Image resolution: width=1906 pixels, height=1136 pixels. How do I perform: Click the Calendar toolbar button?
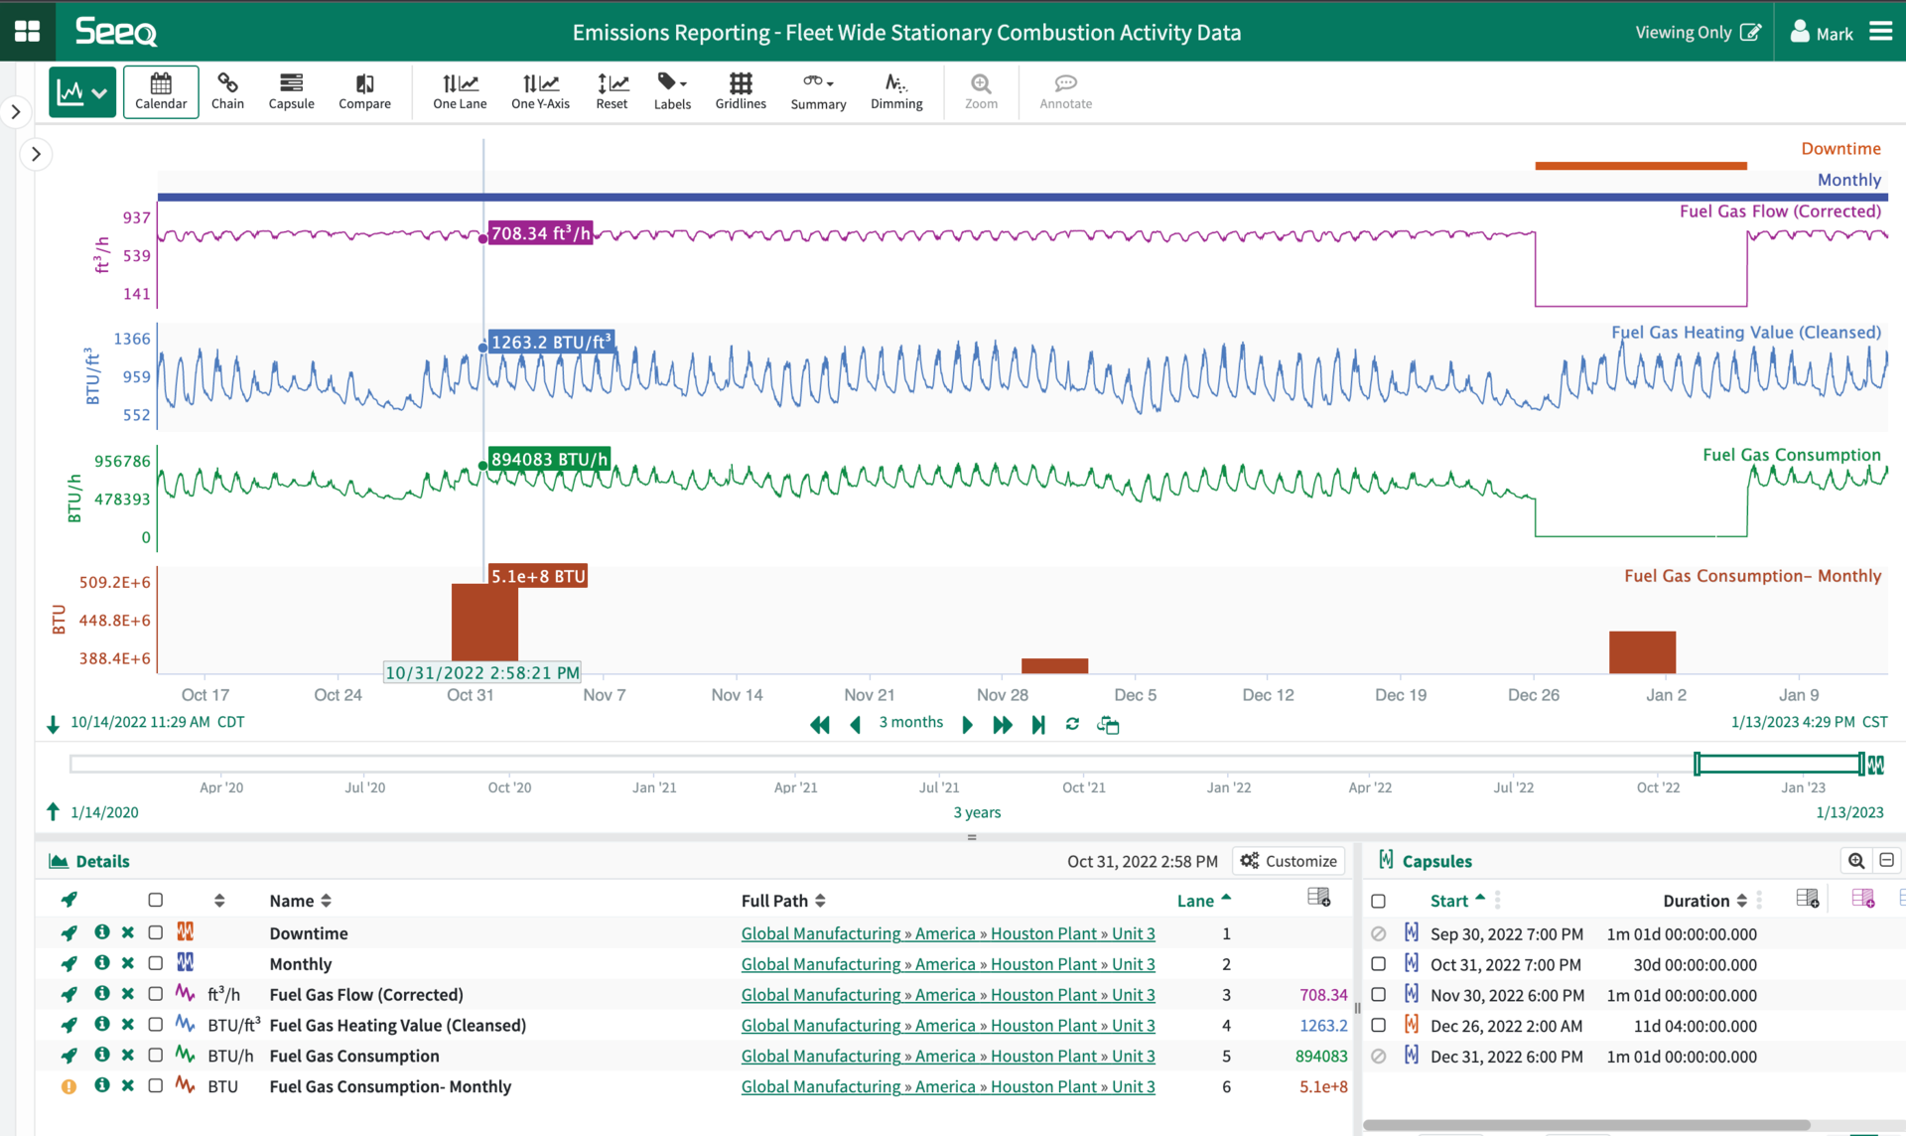(161, 91)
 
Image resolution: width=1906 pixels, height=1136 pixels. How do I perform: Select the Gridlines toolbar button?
(741, 91)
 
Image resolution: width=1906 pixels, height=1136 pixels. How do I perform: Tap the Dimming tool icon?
(895, 91)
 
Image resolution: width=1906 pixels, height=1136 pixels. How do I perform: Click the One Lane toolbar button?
(460, 91)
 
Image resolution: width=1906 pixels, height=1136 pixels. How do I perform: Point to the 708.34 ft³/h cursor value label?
(540, 233)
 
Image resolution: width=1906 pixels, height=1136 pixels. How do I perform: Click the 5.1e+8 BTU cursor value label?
(538, 576)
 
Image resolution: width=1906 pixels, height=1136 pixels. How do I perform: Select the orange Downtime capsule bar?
(1640, 166)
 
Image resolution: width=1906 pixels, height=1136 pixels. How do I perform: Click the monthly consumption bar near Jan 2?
(1642, 651)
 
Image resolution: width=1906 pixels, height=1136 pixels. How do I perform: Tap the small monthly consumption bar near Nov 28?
(1054, 665)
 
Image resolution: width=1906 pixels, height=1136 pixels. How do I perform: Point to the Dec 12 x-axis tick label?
(1268, 695)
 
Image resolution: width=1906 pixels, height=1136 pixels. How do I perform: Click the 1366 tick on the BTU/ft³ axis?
(132, 339)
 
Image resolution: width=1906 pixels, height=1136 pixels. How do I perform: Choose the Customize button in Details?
(1289, 861)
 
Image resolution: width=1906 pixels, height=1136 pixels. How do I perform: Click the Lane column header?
(1196, 901)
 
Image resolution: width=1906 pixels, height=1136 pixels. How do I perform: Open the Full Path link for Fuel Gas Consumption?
(947, 1056)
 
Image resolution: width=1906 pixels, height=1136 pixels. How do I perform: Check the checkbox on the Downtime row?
(156, 932)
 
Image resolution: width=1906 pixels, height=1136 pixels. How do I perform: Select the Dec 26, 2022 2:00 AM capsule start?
(1506, 1026)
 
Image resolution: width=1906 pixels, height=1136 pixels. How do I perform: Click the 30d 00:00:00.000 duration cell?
(1695, 964)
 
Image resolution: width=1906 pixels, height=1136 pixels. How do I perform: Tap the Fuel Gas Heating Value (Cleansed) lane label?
(1745, 333)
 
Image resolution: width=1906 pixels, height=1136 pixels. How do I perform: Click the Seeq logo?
(116, 32)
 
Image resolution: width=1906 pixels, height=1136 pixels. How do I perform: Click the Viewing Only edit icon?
(1751, 32)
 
